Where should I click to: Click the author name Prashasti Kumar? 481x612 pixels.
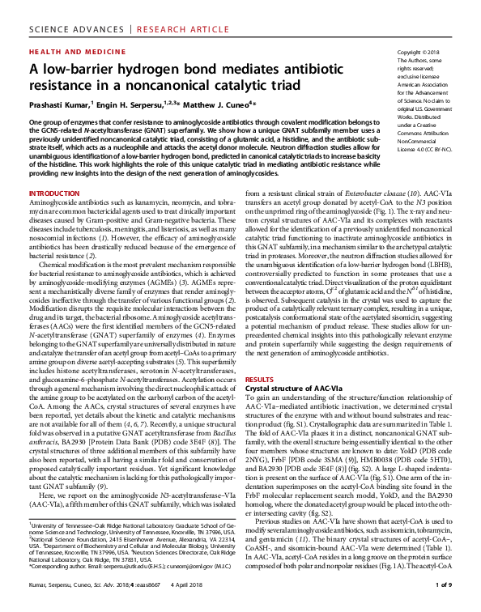(58, 104)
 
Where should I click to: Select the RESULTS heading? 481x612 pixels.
(259, 379)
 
